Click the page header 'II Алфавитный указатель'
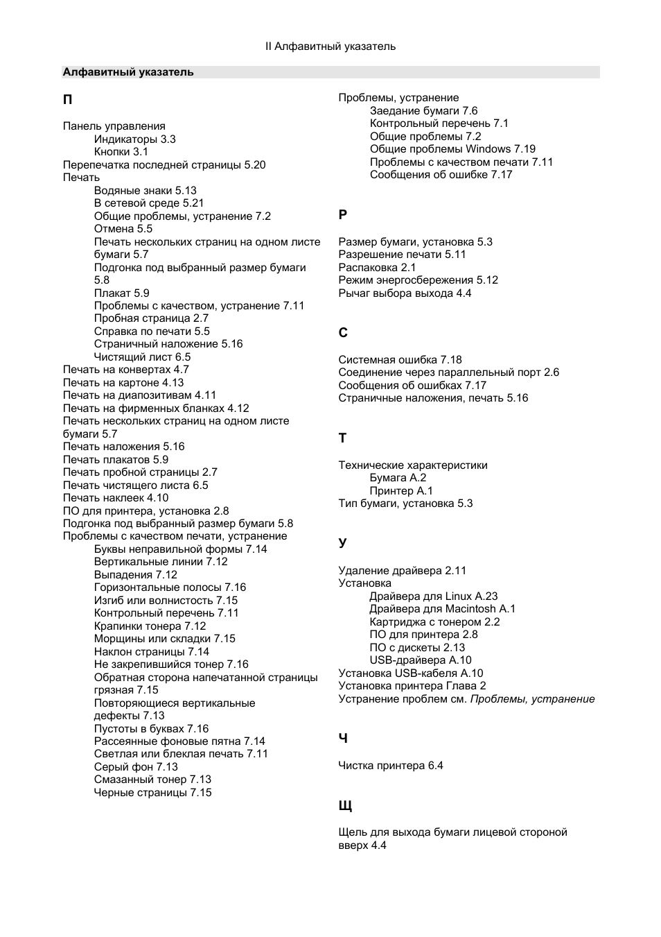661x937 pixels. point(330,46)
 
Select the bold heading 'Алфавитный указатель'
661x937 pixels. point(128,72)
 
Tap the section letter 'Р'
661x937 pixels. point(342,215)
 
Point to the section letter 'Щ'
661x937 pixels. point(345,806)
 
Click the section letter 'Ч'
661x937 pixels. point(342,739)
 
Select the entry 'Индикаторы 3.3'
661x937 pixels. point(134,139)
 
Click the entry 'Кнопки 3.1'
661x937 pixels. point(121,152)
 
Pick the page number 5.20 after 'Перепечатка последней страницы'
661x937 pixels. point(255,165)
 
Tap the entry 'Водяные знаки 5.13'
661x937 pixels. point(146,190)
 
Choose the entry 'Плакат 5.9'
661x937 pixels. point(121,293)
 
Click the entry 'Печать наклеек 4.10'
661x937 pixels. point(116,498)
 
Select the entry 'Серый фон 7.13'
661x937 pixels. point(136,767)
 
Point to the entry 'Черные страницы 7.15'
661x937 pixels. point(152,793)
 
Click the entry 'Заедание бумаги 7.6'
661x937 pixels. point(423,111)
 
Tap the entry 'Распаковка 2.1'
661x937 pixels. point(377,268)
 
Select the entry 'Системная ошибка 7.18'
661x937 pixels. point(400,360)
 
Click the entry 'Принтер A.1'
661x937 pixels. point(401,491)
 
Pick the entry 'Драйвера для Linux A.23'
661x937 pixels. point(434,596)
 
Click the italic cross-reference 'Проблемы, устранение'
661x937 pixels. point(532,699)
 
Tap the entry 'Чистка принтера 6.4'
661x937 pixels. point(391,766)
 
